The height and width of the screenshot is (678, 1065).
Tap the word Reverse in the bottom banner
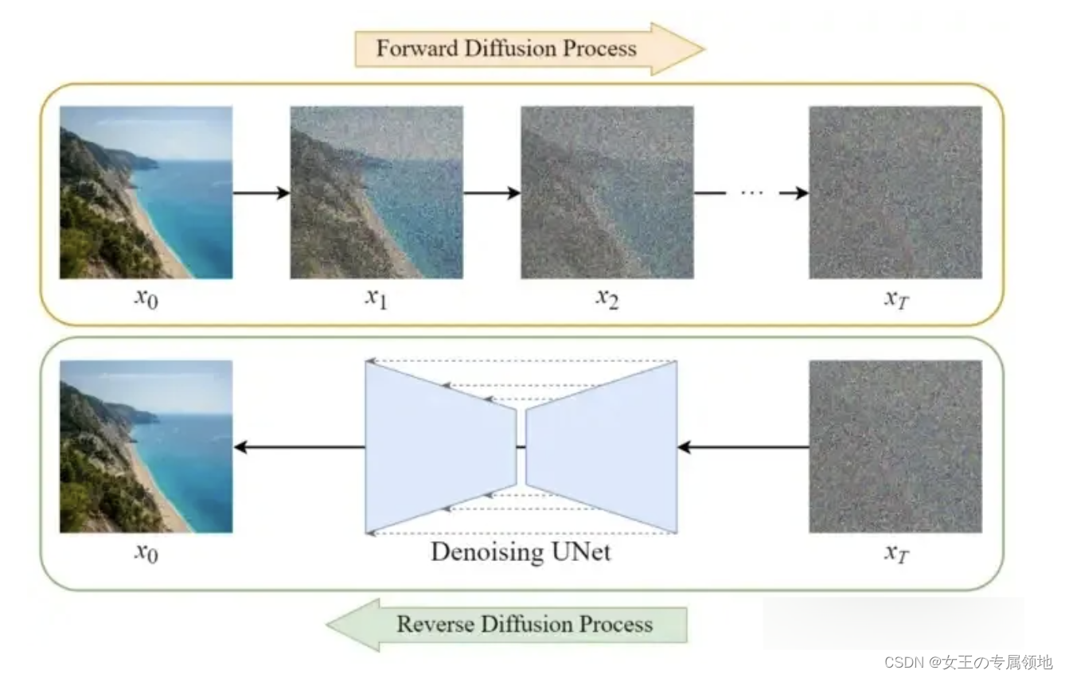(x=431, y=624)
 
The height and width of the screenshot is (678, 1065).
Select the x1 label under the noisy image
(x=376, y=299)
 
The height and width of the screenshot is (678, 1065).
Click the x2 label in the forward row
(x=607, y=299)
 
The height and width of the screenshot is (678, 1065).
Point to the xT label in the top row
(x=895, y=299)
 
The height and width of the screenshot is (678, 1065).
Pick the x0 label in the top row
(x=146, y=299)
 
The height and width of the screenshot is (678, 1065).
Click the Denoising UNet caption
(x=521, y=551)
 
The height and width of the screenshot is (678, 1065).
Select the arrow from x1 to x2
(x=491, y=193)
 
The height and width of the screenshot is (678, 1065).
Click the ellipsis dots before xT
(x=751, y=193)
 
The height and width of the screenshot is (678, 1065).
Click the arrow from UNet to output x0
(x=299, y=448)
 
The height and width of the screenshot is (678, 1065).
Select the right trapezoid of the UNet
(x=605, y=448)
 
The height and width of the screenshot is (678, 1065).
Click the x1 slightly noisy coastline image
(x=376, y=193)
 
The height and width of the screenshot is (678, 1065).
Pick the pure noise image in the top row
(x=895, y=193)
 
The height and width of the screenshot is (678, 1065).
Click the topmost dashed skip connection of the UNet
(x=521, y=362)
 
